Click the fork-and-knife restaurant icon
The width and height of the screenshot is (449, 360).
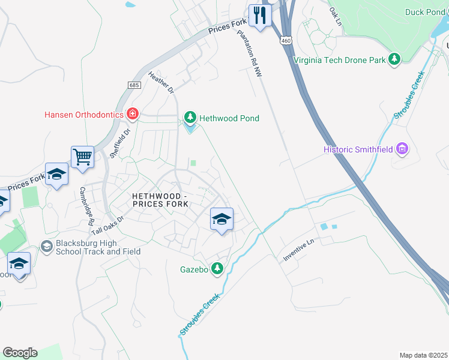pyautogui.click(x=259, y=15)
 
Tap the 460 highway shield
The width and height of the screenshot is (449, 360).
pyautogui.click(x=285, y=41)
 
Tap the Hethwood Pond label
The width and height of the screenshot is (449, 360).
pyautogui.click(x=229, y=118)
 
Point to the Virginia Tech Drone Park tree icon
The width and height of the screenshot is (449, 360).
pyautogui.click(x=394, y=59)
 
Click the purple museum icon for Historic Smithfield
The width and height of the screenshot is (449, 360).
pyautogui.click(x=403, y=149)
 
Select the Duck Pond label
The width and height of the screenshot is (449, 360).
pyautogui.click(x=425, y=12)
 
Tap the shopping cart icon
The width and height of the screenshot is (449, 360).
pyautogui.click(x=82, y=157)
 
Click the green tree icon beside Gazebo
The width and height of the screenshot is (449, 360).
pyautogui.click(x=217, y=269)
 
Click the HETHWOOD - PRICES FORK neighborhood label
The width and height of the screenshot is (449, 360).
pyautogui.click(x=160, y=200)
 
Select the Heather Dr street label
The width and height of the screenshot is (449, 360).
pyautogui.click(x=160, y=82)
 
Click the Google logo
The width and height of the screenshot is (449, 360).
pyautogui.click(x=20, y=353)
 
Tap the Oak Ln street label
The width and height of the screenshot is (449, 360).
pyautogui.click(x=334, y=16)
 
